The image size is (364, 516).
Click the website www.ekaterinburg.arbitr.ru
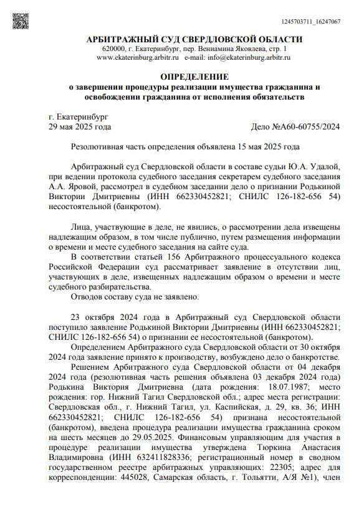pyautogui.click(x=138, y=57)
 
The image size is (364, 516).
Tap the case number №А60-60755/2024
pyautogui.click(x=295, y=127)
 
